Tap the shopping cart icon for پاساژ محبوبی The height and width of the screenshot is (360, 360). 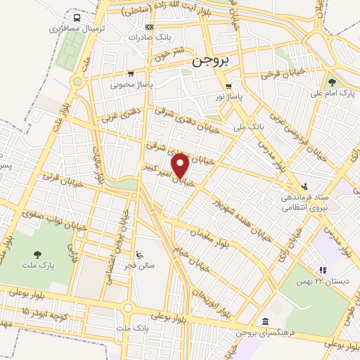pos(131,73)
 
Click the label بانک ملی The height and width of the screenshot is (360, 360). pos(247,127)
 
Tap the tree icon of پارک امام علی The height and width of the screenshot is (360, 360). pos(331,82)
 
